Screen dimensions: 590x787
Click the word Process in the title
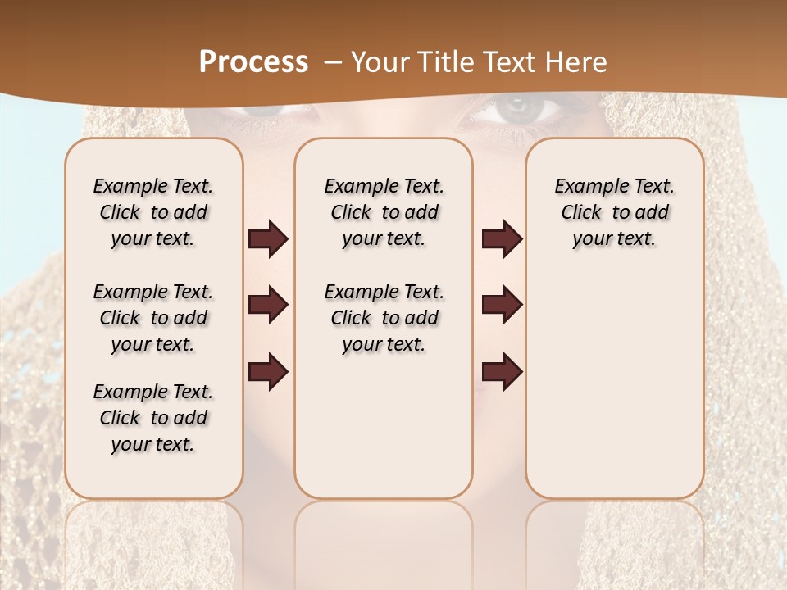coord(253,62)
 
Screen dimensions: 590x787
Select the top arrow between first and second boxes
coord(268,239)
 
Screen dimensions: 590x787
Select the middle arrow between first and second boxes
coord(268,305)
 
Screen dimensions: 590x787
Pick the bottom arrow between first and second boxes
coord(268,371)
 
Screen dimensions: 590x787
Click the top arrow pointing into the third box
coord(502,239)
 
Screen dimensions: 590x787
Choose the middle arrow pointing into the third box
coord(502,305)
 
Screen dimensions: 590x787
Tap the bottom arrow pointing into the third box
coord(502,371)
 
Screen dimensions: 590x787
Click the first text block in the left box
coord(153,212)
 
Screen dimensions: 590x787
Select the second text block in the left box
coord(153,318)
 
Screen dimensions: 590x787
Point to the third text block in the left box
coord(153,418)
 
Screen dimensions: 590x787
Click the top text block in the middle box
coord(384,212)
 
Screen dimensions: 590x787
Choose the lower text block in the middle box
coord(384,318)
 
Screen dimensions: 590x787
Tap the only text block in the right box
coord(614,212)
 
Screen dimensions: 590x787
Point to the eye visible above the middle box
coord(513,110)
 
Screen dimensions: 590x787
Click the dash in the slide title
coord(332,62)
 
